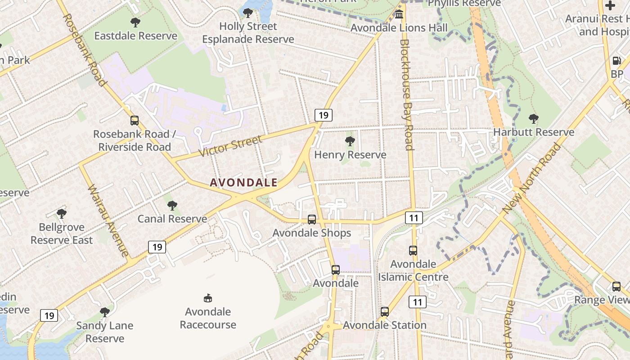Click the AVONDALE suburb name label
coord(243,182)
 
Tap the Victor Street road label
coord(230,146)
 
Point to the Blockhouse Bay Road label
coord(406,94)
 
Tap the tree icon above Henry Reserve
coord(350,142)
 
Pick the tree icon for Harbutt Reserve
coord(534,119)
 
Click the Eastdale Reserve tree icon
coord(135,22)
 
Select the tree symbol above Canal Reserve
coord(172,206)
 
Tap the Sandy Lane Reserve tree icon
coord(104,312)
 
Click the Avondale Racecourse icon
coord(208,298)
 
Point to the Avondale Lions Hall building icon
coord(399,15)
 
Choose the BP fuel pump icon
coord(616,61)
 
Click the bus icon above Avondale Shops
coord(311,220)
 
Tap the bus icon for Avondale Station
coord(384,311)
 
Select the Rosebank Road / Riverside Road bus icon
coord(134,121)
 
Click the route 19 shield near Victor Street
coord(323,115)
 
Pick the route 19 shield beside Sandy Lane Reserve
coord(49,315)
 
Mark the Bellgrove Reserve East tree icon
coord(62,214)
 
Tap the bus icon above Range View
coord(616,286)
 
